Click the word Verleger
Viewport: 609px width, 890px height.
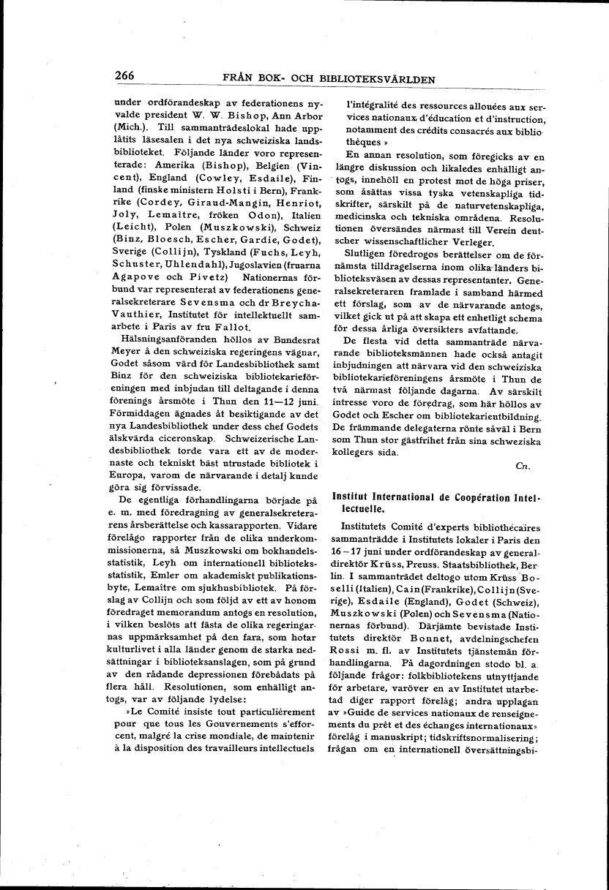click(x=478, y=241)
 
